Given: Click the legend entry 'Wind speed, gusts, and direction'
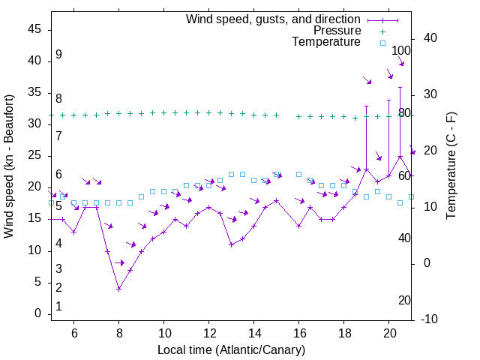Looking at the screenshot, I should click(273, 19).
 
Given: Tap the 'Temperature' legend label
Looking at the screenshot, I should click(326, 43).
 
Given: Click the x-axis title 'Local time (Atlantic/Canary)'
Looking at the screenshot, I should click(231, 350).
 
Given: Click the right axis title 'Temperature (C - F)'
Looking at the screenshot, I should click(451, 166).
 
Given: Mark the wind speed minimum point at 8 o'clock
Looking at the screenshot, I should click(118, 289).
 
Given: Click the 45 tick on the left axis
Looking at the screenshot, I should click(35, 29).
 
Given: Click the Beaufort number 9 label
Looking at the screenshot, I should click(58, 55).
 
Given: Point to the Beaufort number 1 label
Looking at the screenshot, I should click(58, 307).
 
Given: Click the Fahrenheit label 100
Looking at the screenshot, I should click(402, 51).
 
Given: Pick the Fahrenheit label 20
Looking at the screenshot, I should click(405, 301).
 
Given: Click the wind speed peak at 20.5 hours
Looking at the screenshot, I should click(400, 157).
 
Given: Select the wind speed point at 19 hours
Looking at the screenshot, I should click(366, 169).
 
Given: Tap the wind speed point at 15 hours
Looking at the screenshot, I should click(276, 200).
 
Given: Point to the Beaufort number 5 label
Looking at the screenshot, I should click(58, 206).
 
